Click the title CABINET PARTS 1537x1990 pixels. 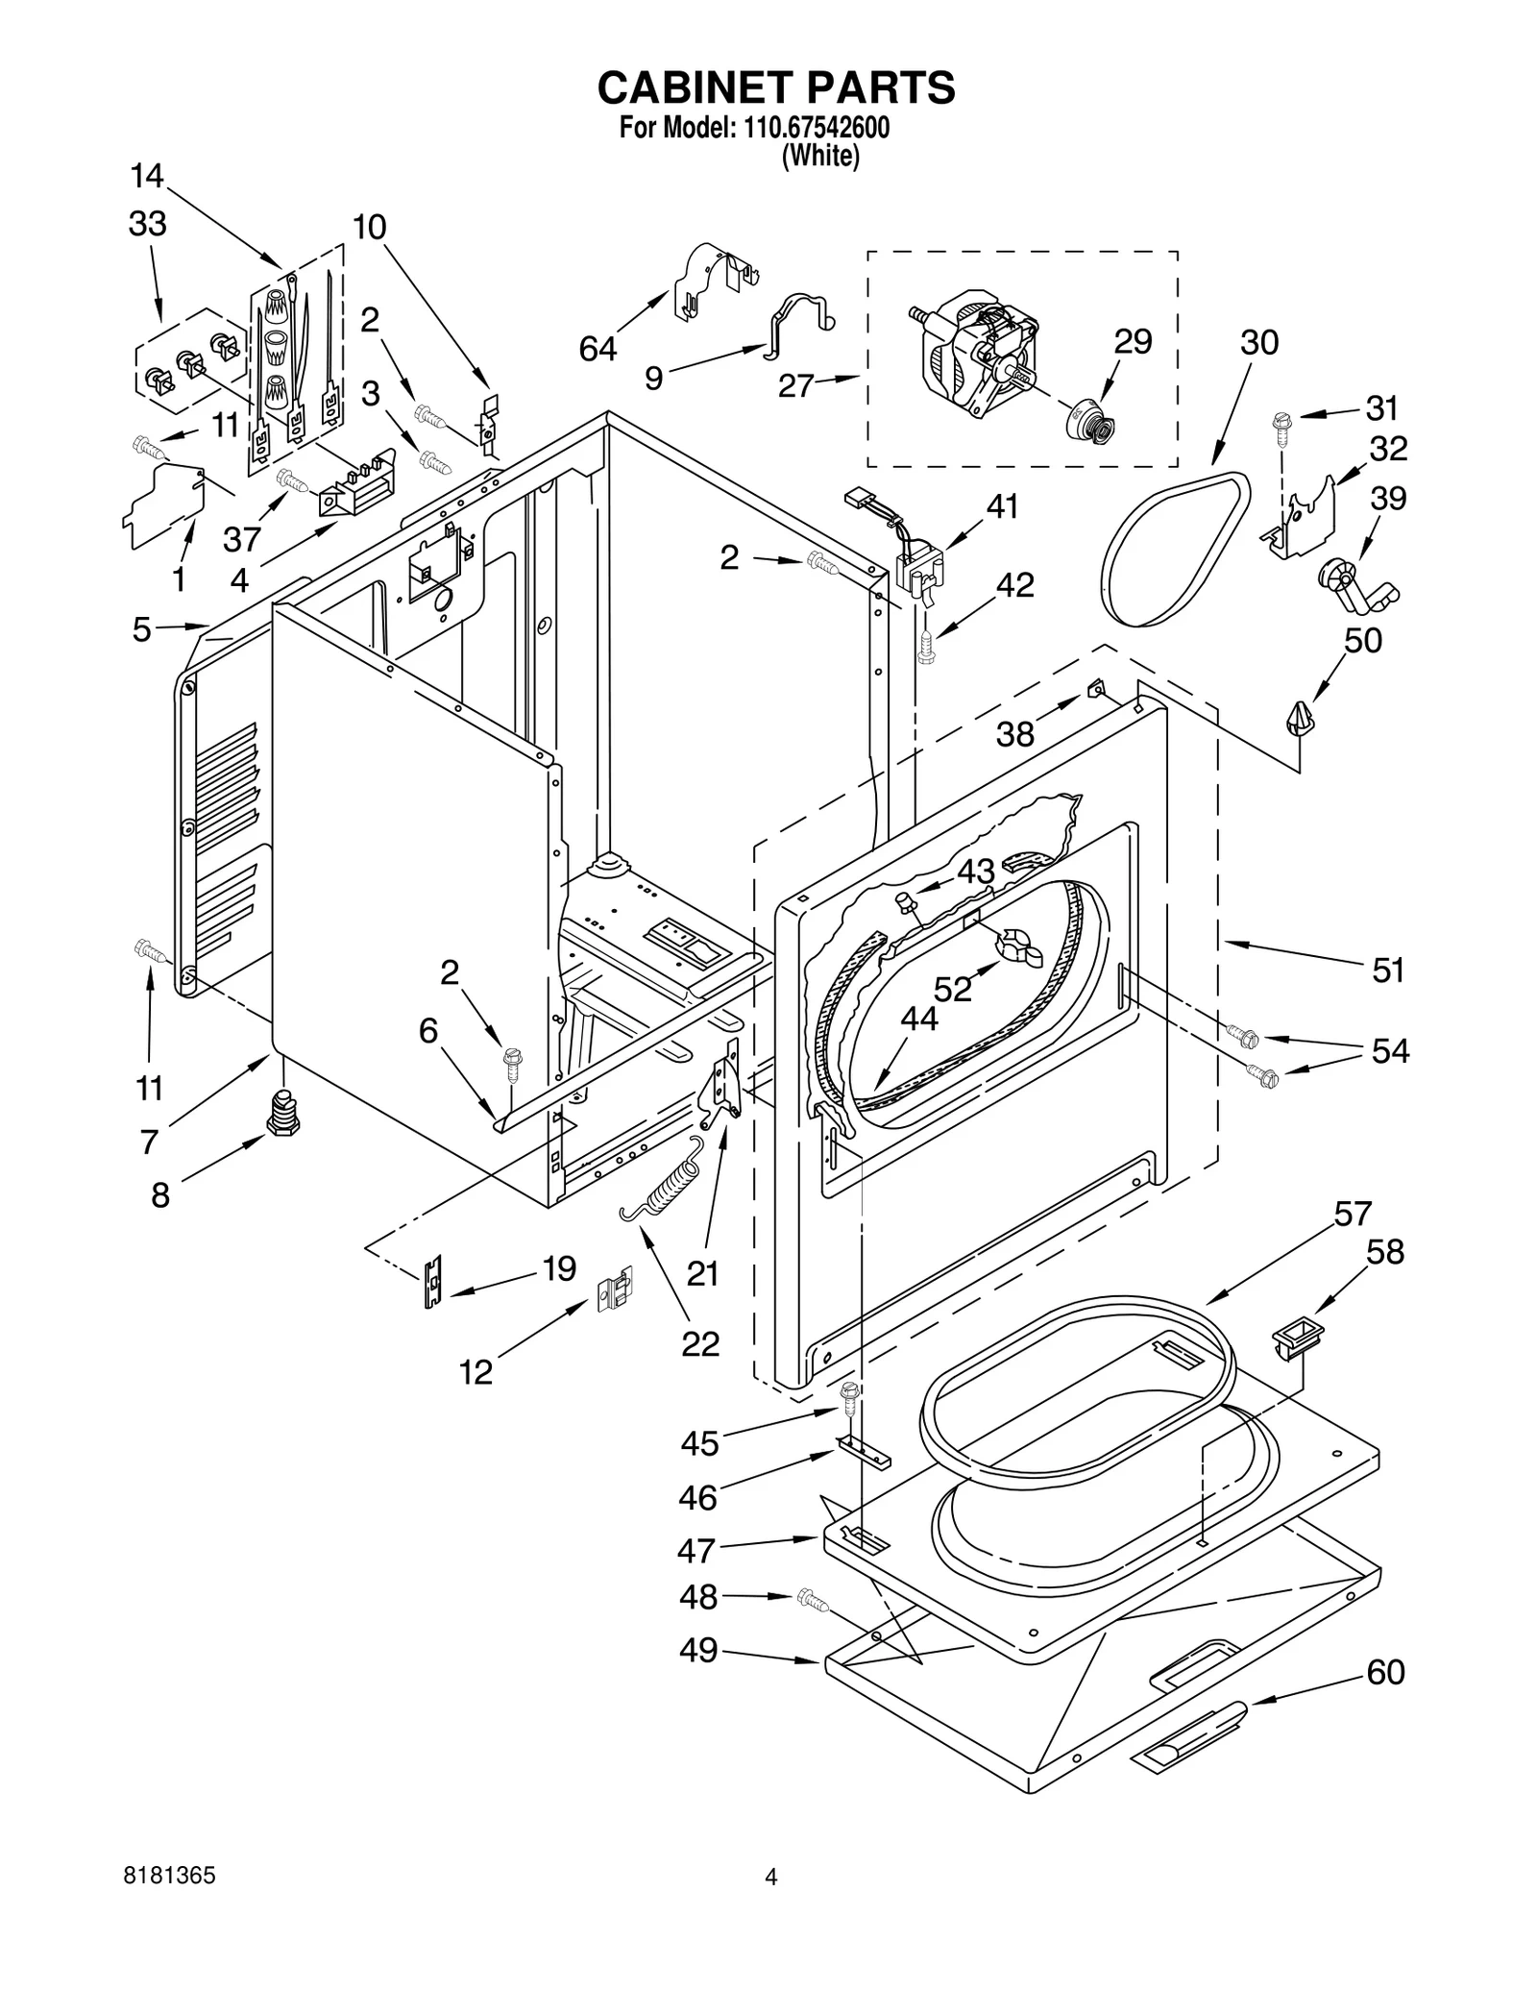775,87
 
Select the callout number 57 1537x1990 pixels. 1352,1214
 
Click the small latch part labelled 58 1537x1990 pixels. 1297,1337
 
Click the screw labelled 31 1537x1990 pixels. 1281,425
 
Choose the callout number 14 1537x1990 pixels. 147,177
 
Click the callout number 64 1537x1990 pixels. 598,349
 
